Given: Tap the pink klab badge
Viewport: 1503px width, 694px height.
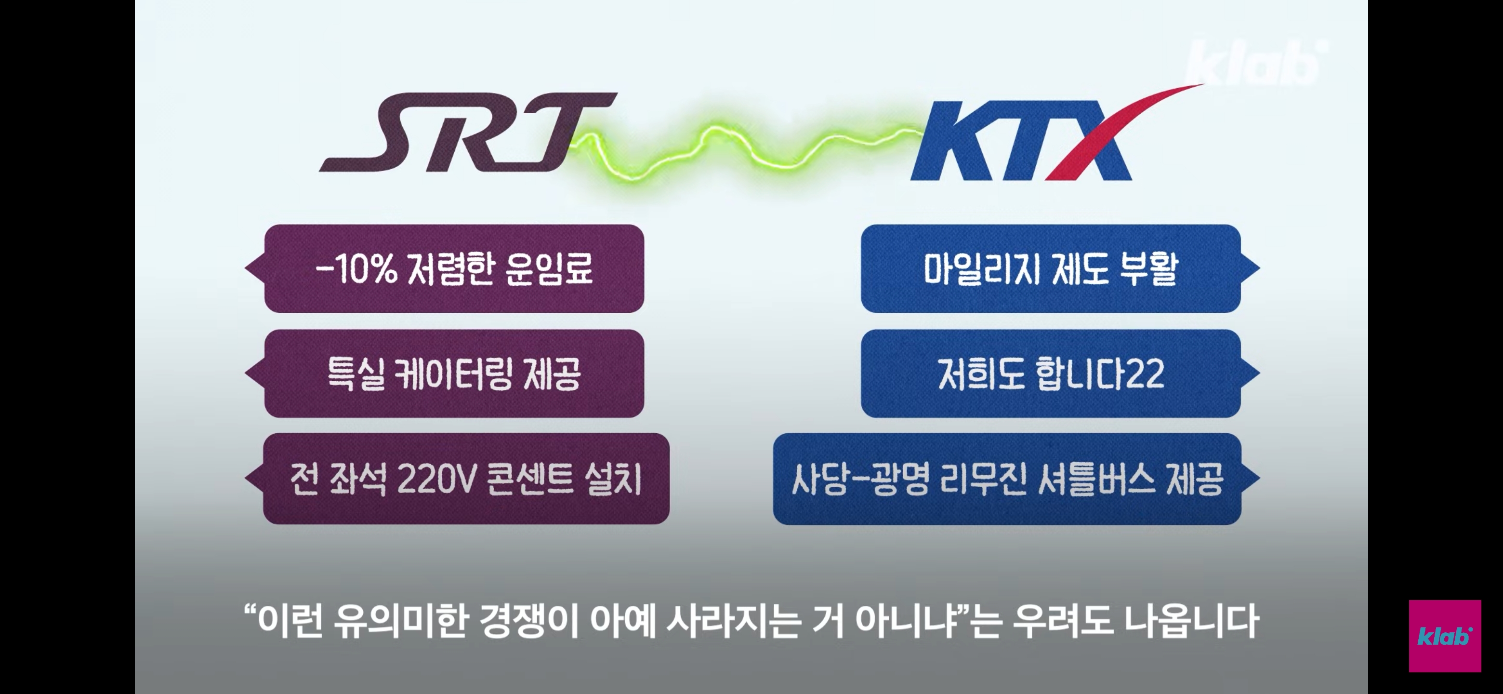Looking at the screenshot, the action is pyautogui.click(x=1445, y=636).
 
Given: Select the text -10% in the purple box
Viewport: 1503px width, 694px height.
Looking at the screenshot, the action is pyautogui.click(x=356, y=269).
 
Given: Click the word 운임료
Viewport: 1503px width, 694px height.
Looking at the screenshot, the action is pyautogui.click(x=549, y=269).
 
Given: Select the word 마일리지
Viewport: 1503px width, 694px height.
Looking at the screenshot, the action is pyautogui.click(x=981, y=269).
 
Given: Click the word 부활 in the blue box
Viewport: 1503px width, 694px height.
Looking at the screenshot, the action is pyautogui.click(x=1148, y=269).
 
